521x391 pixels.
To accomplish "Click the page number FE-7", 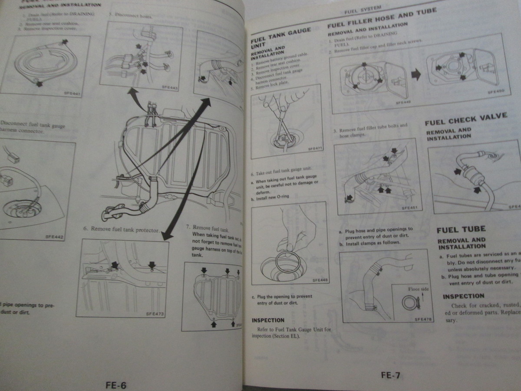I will point(390,376).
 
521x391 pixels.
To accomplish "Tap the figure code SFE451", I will point(409,208).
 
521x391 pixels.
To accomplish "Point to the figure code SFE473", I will point(155,314).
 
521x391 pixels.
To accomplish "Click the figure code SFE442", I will point(54,237).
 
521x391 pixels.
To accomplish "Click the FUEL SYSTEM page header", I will point(363,10).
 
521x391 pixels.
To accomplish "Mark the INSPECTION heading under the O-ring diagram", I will point(268,321).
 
